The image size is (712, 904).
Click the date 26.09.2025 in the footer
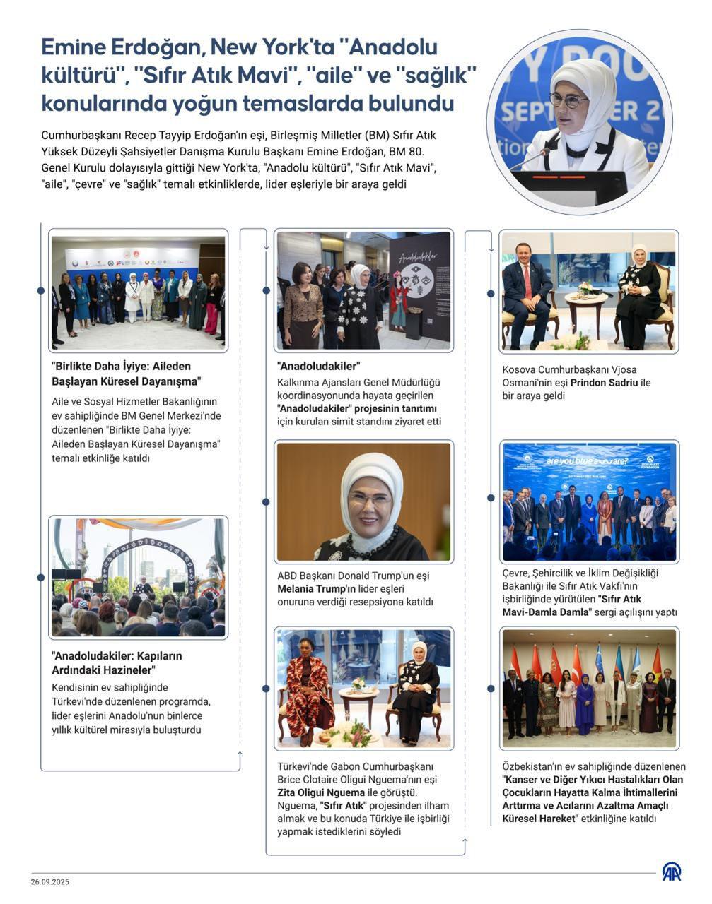(49, 882)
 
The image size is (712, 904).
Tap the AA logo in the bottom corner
(671, 872)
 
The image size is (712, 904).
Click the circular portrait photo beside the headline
(580, 121)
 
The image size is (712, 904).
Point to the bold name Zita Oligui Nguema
(321, 792)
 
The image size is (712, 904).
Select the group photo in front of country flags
(589, 689)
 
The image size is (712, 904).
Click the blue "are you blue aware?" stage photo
(589, 501)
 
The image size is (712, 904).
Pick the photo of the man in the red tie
(589, 291)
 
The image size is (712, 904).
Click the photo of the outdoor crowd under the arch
(139, 577)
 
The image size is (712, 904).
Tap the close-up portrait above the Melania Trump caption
(363, 501)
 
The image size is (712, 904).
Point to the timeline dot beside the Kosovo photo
(491, 293)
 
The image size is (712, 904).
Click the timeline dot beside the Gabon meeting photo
(266, 688)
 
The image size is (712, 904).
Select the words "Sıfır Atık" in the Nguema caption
(343, 806)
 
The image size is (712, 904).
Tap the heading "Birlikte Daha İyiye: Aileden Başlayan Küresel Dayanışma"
(127, 374)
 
